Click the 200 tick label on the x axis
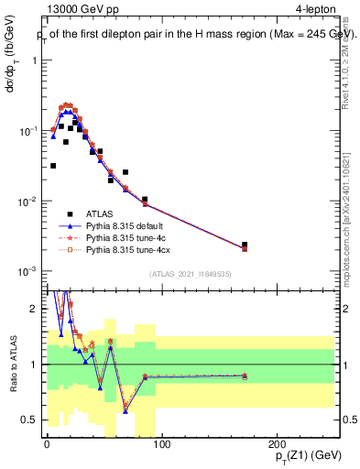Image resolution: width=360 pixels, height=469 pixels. (278, 444)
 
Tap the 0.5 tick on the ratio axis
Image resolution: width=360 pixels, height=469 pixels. (31, 420)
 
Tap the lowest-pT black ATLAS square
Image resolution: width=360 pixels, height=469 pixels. (53, 166)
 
